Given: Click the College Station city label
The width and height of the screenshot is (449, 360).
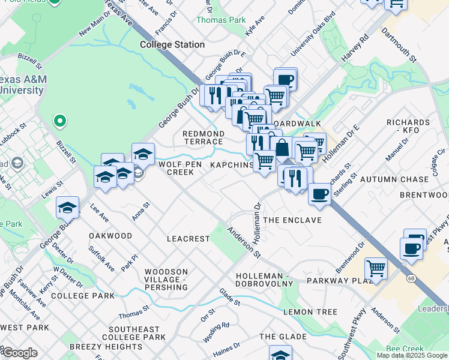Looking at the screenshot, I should point(172,44).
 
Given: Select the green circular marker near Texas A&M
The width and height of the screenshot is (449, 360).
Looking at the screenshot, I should point(59,122).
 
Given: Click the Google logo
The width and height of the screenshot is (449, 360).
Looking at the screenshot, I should point(19,353).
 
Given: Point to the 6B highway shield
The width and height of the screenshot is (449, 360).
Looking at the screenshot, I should point(411,278).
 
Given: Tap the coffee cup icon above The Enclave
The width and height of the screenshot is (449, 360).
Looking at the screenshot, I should point(320,194).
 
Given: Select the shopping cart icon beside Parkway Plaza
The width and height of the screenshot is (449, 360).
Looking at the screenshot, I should point(375,268).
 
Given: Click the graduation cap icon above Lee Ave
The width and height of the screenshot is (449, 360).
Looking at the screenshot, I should point(68,207).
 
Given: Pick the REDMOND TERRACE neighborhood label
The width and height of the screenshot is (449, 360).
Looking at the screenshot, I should point(203,137).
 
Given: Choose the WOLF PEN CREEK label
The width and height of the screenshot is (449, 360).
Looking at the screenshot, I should point(176,168).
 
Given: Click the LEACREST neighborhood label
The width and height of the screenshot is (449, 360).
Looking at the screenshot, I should point(188,239).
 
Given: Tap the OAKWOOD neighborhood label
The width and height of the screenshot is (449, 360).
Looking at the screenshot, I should point(110,236).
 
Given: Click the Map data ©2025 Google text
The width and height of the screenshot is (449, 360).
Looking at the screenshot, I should point(412,355).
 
